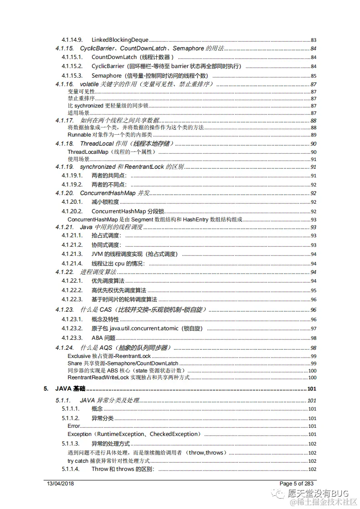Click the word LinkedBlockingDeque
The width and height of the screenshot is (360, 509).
click(120, 40)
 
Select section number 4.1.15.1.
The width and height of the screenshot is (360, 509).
click(72, 57)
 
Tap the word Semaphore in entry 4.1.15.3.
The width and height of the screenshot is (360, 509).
click(107, 76)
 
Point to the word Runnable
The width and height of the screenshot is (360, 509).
click(79, 135)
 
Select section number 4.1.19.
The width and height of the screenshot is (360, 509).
click(64, 167)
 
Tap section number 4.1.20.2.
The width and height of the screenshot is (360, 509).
click(72, 211)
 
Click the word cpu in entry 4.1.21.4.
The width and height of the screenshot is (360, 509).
click(119, 264)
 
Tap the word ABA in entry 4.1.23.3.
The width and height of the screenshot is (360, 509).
click(97, 338)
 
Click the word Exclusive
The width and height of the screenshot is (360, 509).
click(79, 356)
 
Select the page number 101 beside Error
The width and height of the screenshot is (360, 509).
click(312, 426)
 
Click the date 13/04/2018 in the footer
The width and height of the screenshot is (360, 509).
click(60, 484)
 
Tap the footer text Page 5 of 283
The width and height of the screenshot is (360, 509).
click(296, 484)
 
